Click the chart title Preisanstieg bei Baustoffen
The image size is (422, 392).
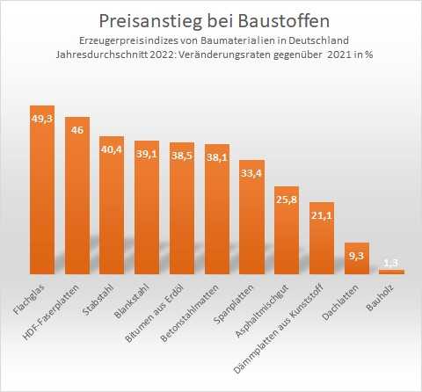coord(211,19)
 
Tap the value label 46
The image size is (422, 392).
coord(77,130)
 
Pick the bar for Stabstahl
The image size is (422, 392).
coord(112,211)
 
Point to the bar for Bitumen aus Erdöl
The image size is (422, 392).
coord(182,211)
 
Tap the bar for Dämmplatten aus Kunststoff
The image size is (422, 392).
coord(322,242)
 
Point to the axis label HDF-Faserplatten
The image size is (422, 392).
coord(68,304)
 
